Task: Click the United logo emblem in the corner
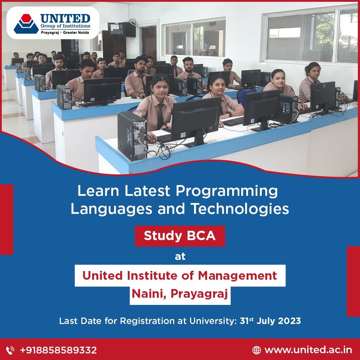tap(26, 23)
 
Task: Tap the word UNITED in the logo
tap(65, 18)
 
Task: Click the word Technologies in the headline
tap(239, 209)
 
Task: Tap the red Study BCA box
tap(180, 236)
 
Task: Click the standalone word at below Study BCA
tap(180, 256)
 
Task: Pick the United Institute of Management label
tap(180, 276)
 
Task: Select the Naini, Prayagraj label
tap(180, 294)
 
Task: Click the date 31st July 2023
tap(270, 321)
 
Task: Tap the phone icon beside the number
tap(11, 350)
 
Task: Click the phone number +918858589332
tap(58, 350)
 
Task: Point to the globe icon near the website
tap(256, 350)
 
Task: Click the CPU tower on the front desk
tap(132, 136)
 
